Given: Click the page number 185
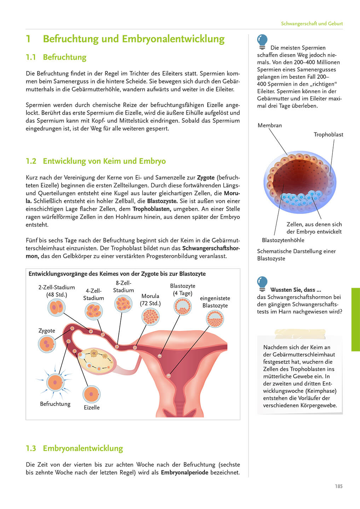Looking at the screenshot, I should point(338,486).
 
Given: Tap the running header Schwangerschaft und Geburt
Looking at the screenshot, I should point(312,24).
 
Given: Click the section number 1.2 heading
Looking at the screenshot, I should point(31,161).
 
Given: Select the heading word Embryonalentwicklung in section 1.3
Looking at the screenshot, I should point(83,448).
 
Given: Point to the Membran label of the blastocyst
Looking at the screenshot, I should point(269,125).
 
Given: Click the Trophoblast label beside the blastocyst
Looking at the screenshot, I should point(328,134).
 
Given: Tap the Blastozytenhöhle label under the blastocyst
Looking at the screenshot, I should point(283,240).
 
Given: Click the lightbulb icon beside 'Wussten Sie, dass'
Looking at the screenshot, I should point(262,283).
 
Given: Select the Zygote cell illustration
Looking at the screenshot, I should point(47,344).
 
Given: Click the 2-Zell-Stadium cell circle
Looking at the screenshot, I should point(56,307).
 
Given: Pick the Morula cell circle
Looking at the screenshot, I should point(150,316).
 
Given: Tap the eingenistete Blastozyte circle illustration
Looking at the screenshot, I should point(215,319).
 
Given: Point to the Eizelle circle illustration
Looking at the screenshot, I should point(92,394).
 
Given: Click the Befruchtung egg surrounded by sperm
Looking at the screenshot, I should point(55,382).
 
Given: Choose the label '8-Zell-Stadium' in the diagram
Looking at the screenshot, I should point(123,287).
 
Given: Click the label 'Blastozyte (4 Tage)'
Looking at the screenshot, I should point(182,289).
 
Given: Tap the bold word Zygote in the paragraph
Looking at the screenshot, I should point(205,177).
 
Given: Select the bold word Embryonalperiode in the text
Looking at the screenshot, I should point(184,472).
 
